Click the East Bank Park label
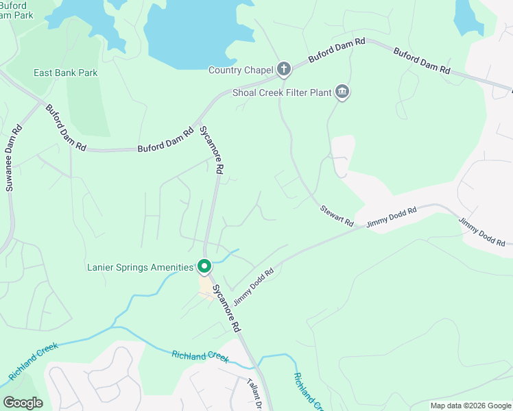tap(65, 73)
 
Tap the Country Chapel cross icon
tap(284, 68)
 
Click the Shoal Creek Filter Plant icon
tap(342, 92)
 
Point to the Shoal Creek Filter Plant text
tap(281, 92)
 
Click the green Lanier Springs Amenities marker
tap(204, 266)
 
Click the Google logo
tap(23, 403)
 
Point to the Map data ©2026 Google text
tap(470, 406)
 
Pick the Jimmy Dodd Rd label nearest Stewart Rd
tap(391, 217)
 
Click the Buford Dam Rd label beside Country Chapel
tap(331, 50)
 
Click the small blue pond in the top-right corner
tap(468, 15)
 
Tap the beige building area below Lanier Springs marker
tap(206, 286)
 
